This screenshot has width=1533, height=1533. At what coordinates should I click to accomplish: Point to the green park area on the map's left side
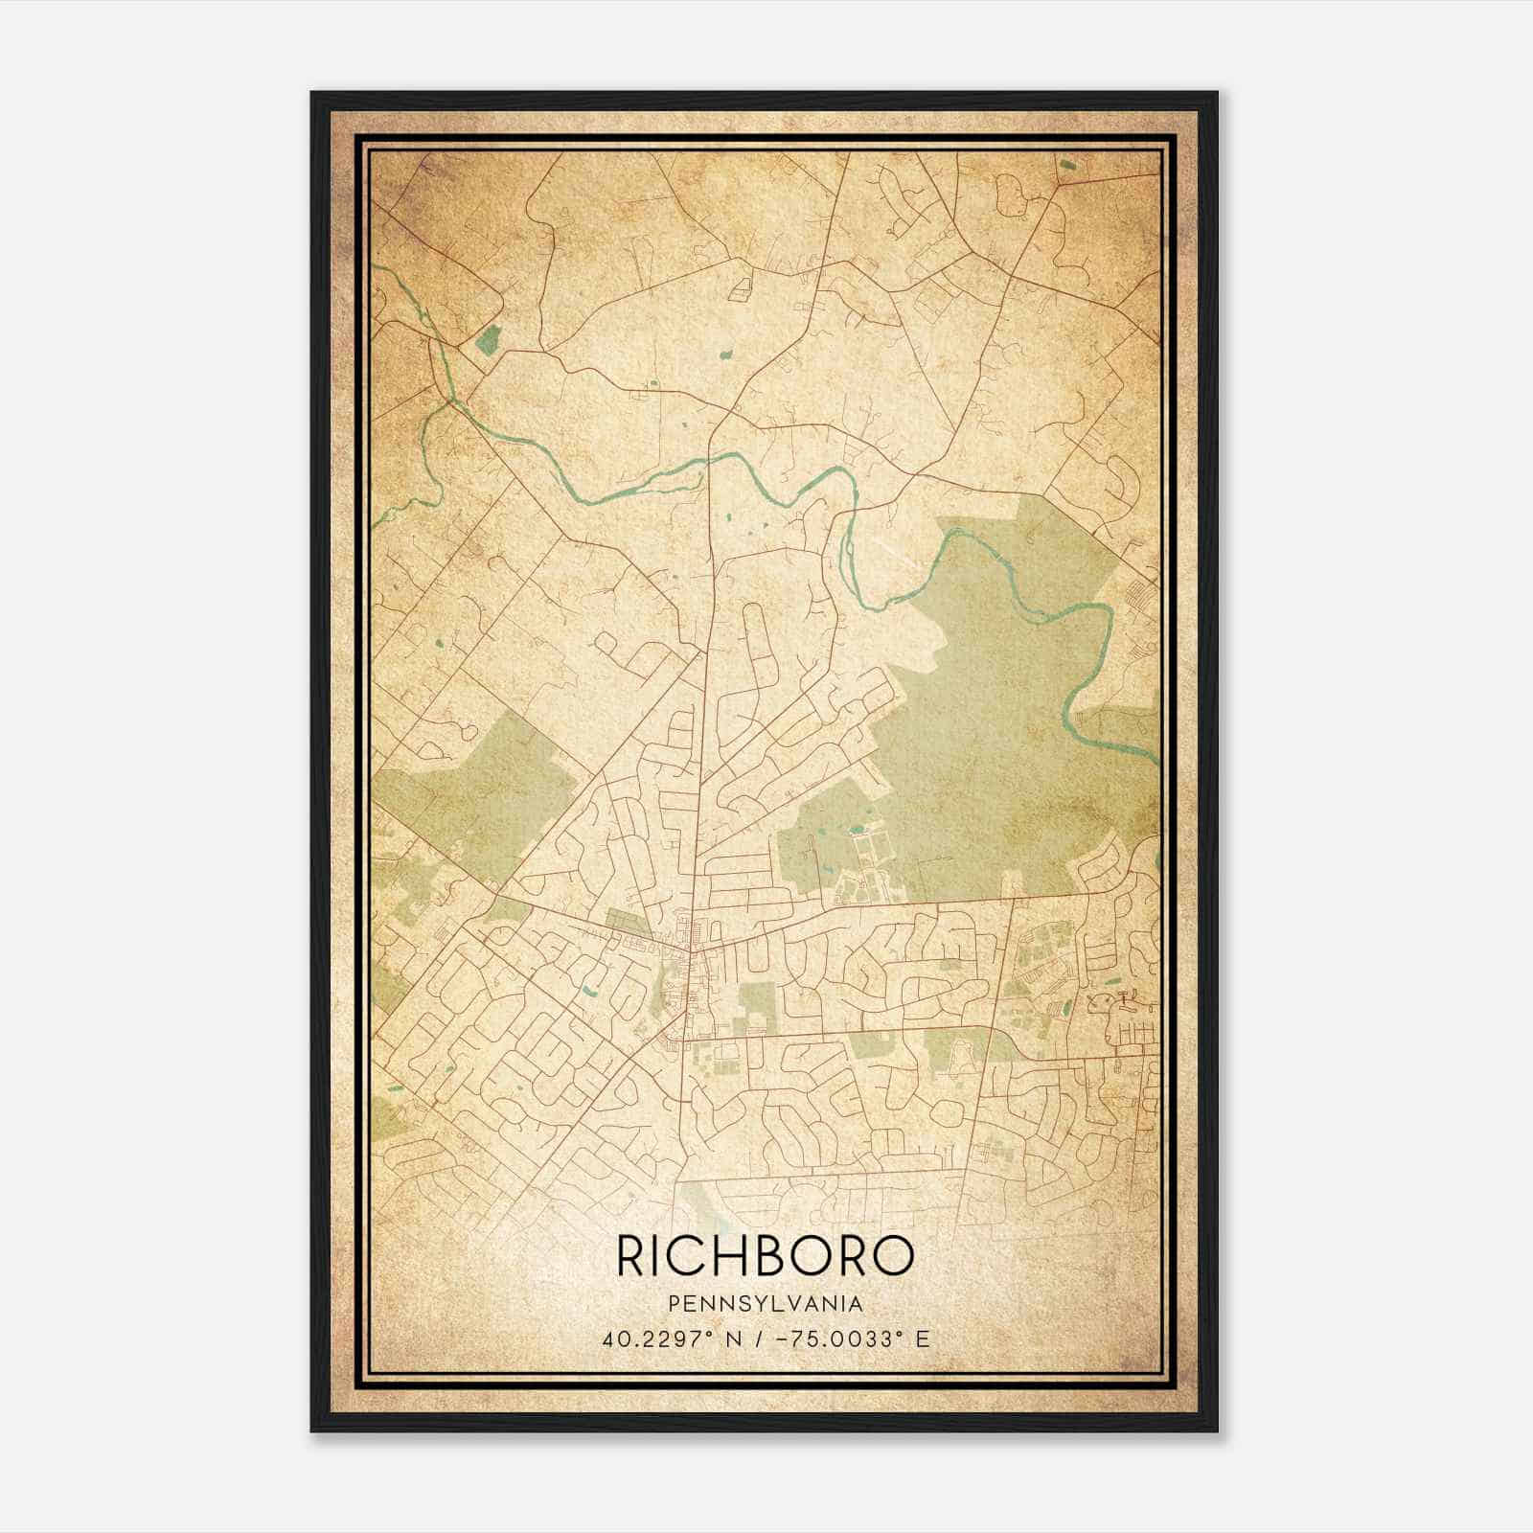coord(469,795)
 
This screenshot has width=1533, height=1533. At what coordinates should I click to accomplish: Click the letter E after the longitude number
coord(922,1339)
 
